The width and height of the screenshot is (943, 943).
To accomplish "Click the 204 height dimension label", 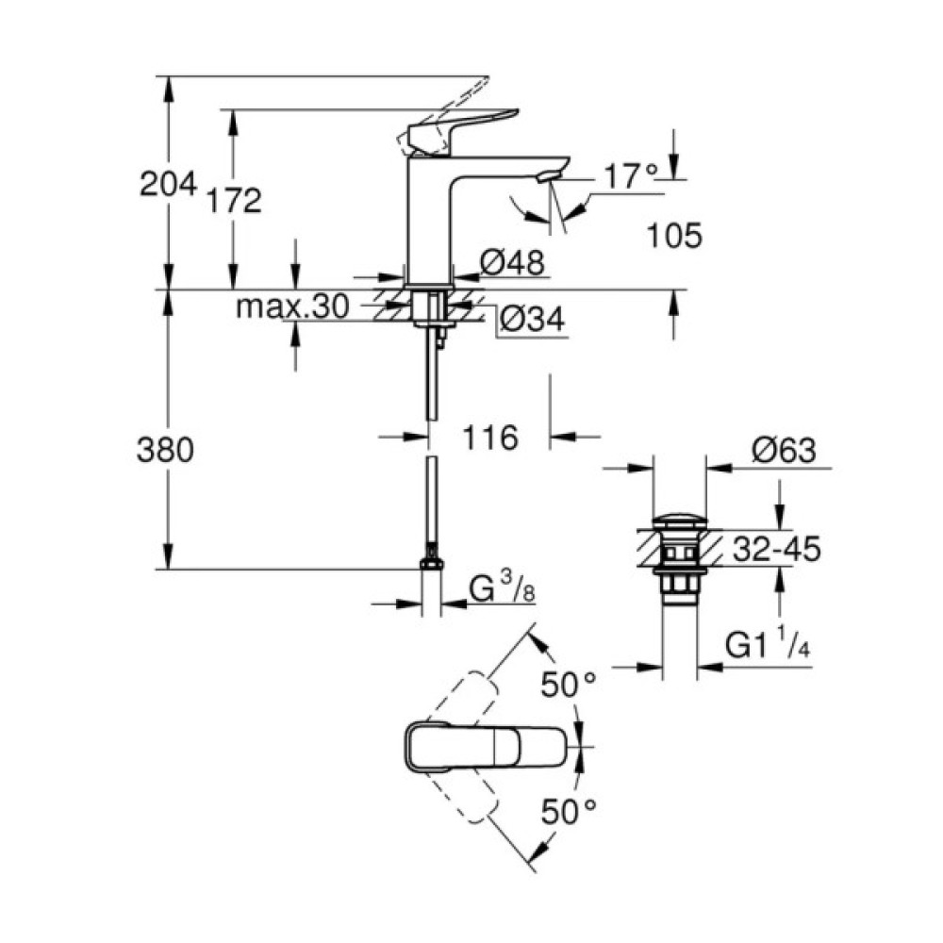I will coord(168,183).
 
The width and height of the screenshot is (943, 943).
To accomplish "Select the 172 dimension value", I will coord(233,200).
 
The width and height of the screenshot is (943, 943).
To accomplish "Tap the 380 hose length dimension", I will coord(167,451).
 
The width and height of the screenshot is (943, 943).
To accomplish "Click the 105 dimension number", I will coord(674,237).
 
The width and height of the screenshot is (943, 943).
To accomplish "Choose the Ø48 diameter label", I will coord(513,263).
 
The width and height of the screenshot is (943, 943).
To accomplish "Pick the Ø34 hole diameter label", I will coord(530,321).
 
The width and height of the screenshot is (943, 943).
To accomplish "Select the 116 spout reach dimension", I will coord(490,437).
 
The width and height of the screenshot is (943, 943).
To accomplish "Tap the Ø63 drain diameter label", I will coord(784,451).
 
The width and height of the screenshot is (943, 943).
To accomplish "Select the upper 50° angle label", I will coord(569,686).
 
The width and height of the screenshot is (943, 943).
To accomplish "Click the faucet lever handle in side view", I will coord(462,124).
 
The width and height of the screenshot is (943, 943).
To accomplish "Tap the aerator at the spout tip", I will coord(547,175).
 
